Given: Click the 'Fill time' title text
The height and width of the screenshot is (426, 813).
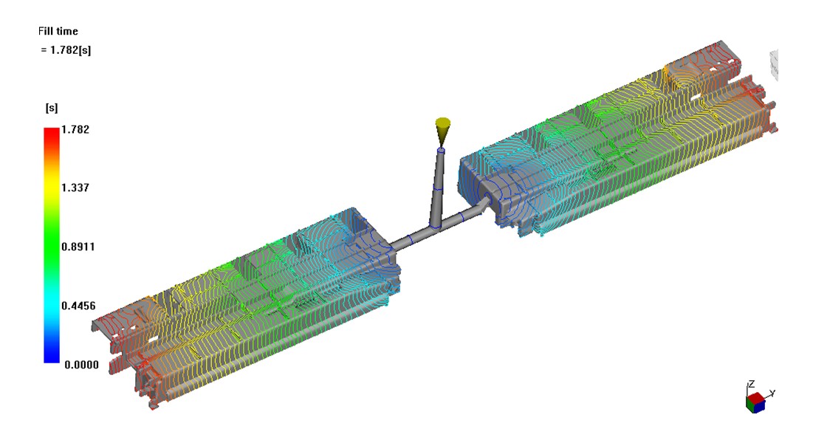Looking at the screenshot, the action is click(x=58, y=31).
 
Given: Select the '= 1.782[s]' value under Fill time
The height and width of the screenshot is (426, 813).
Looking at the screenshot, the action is click(x=66, y=50).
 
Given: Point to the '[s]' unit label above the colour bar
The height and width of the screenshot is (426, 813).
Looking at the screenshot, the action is click(x=52, y=108).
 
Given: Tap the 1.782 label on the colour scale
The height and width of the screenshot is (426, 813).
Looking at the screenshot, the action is click(x=75, y=129).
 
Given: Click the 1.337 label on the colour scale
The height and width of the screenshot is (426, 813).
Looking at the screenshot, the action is click(x=75, y=188).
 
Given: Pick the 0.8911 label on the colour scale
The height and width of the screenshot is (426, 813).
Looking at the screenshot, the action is click(x=78, y=247).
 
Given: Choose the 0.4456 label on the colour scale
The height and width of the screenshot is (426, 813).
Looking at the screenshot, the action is click(x=78, y=306).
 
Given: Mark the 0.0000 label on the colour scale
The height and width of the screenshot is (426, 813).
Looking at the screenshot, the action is click(x=81, y=365).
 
